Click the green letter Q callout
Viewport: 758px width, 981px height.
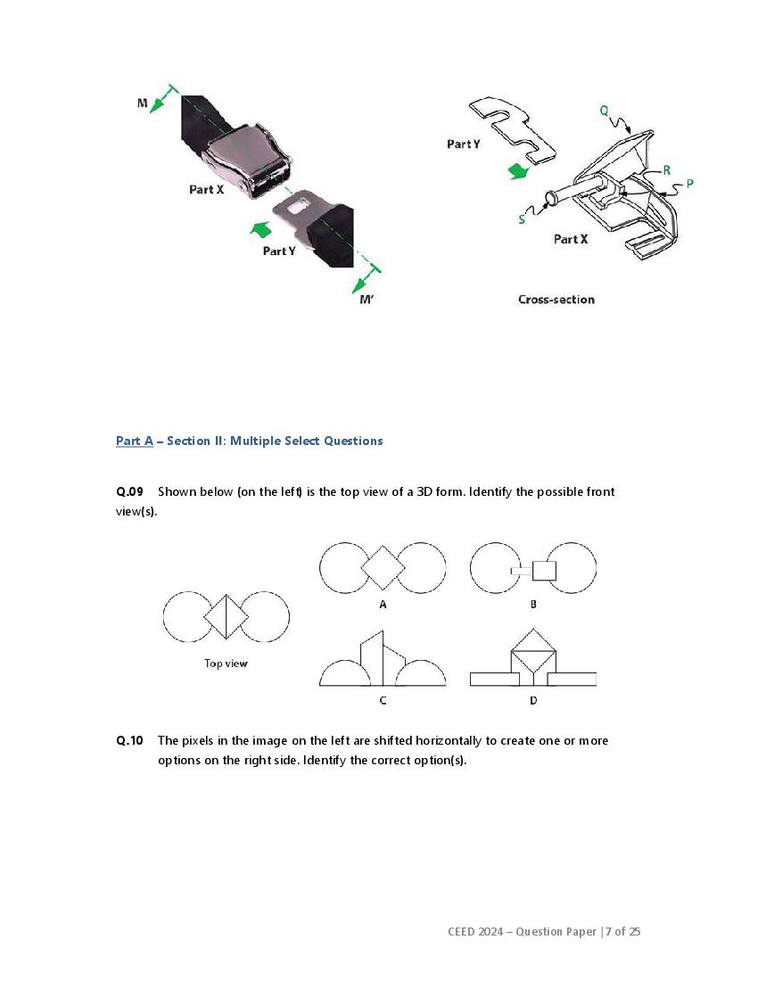(605, 111)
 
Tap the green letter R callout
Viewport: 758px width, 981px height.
(666, 169)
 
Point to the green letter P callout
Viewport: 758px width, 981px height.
(690, 184)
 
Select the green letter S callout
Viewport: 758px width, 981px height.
(522, 218)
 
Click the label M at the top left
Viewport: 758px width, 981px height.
(143, 103)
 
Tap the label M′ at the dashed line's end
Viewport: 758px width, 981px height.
(367, 300)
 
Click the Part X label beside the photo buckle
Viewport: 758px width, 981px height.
(206, 190)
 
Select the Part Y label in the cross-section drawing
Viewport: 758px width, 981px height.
(464, 144)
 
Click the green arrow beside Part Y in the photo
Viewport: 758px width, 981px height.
(260, 229)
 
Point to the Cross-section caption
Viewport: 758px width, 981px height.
(556, 300)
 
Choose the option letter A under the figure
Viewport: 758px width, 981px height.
(383, 605)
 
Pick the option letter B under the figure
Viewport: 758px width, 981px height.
(533, 605)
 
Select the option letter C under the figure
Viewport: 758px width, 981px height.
(383, 701)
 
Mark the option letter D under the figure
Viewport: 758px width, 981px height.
(533, 701)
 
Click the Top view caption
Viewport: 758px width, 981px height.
(226, 664)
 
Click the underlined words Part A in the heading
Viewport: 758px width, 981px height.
(135, 441)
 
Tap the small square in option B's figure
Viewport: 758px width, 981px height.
(543, 570)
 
